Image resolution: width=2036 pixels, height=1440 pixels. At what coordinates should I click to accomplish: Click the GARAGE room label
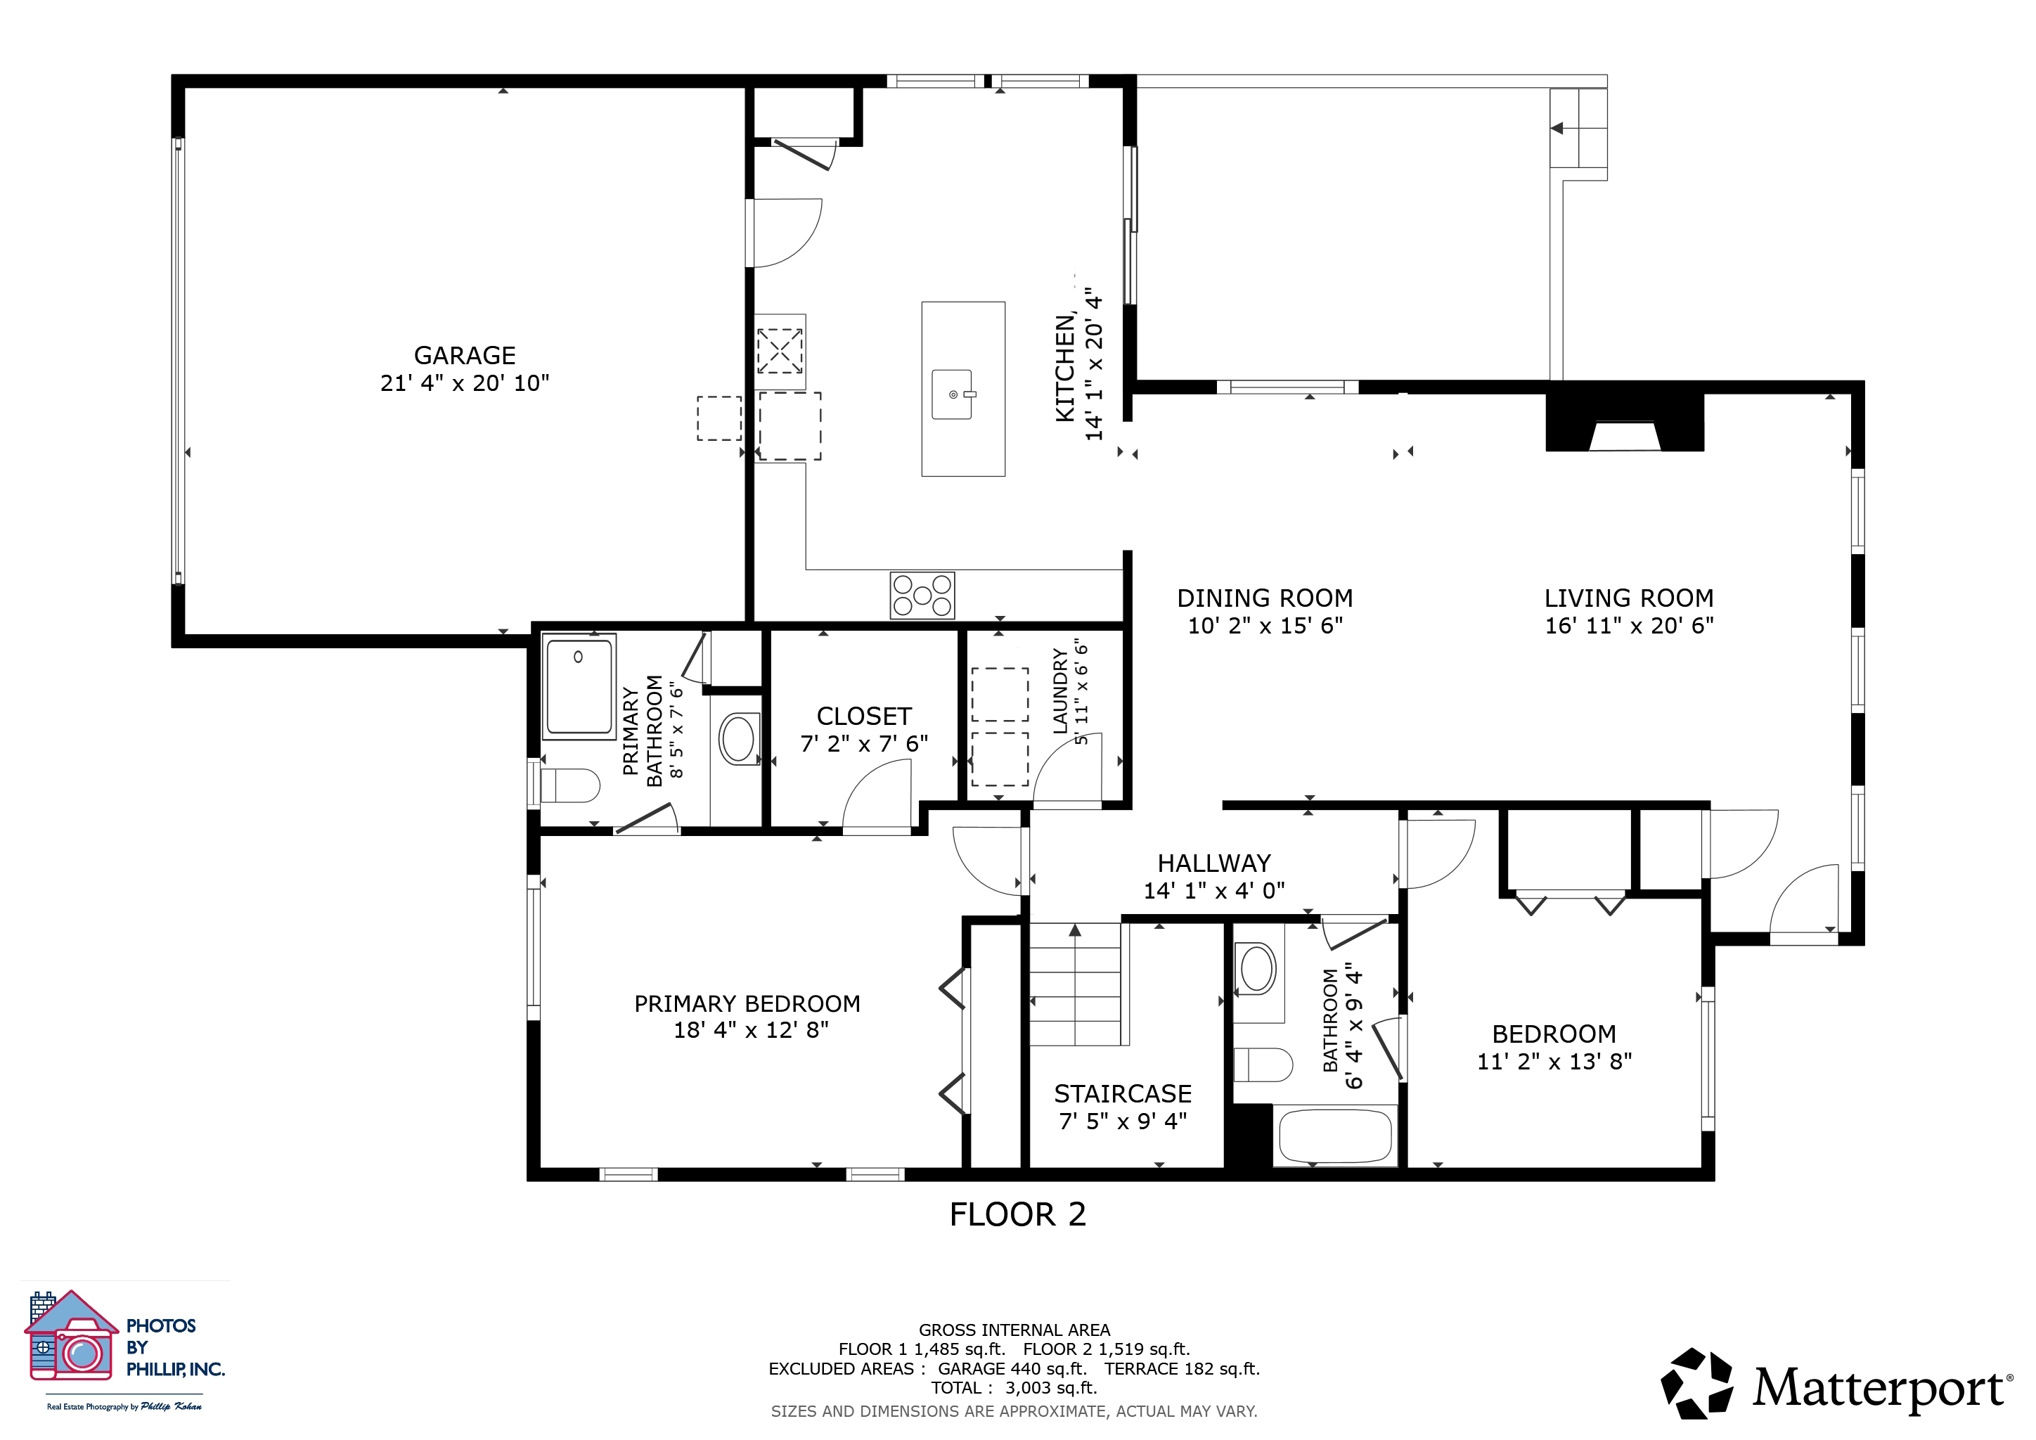click(x=465, y=356)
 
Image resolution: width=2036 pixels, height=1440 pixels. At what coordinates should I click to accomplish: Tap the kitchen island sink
click(x=953, y=394)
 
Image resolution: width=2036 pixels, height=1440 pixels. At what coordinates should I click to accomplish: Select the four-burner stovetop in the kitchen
click(x=922, y=595)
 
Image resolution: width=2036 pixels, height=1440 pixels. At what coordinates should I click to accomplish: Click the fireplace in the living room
click(x=1625, y=422)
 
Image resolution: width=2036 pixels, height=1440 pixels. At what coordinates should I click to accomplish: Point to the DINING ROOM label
click(x=1265, y=598)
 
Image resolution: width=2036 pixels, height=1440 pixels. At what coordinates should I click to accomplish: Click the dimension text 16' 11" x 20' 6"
click(x=1629, y=626)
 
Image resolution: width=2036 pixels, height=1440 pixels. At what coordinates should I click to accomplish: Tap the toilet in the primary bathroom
click(x=570, y=785)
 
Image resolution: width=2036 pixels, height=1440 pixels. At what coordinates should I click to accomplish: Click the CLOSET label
click(x=864, y=716)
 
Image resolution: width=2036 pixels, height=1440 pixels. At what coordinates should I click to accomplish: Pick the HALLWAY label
click(x=1214, y=863)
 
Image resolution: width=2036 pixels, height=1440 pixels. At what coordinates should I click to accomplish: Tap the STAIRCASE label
click(x=1123, y=1094)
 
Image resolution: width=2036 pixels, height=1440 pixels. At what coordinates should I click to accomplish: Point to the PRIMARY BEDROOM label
click(x=747, y=1004)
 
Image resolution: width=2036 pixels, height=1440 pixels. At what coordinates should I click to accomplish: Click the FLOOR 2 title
click(x=1018, y=1215)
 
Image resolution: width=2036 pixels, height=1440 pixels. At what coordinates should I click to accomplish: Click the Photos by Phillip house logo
click(x=71, y=1335)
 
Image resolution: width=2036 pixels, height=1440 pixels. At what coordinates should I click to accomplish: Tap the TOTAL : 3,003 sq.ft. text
click(x=1014, y=1388)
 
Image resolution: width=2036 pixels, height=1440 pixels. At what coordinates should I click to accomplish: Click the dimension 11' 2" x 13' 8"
click(x=1554, y=1062)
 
